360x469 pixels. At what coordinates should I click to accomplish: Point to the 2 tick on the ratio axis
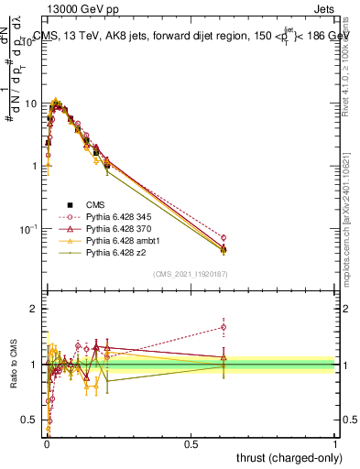click(35, 310)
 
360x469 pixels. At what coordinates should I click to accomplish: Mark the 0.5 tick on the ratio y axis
click(31, 420)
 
